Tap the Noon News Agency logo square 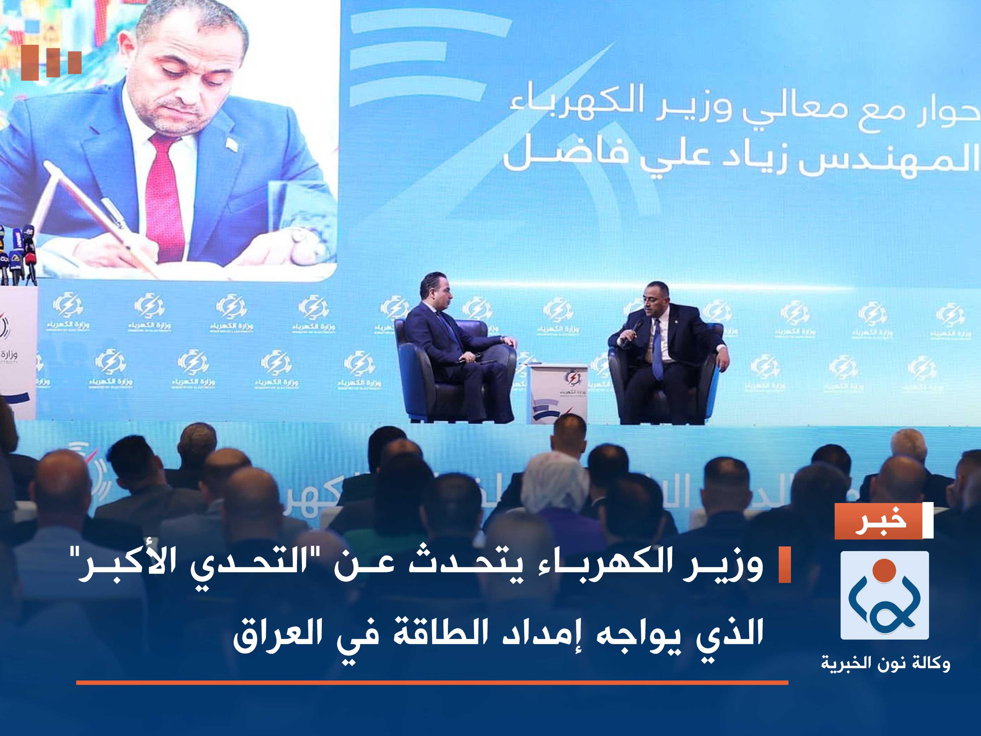coord(884,595)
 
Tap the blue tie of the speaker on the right coord(657,349)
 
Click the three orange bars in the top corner coord(51,62)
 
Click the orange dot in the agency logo coord(884,570)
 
